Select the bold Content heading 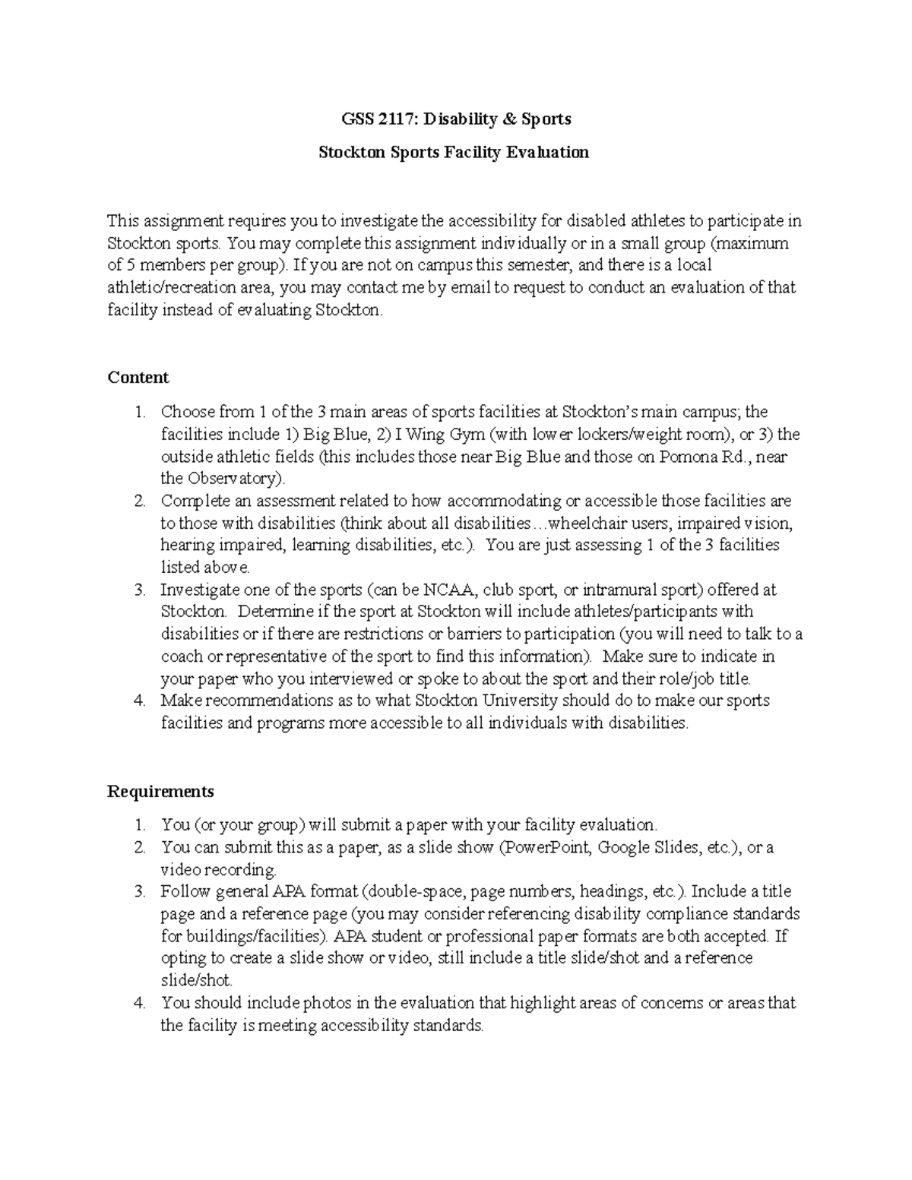pos(138,378)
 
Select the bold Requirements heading pos(160,792)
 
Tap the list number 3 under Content pos(139,590)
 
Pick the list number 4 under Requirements pos(139,1003)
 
